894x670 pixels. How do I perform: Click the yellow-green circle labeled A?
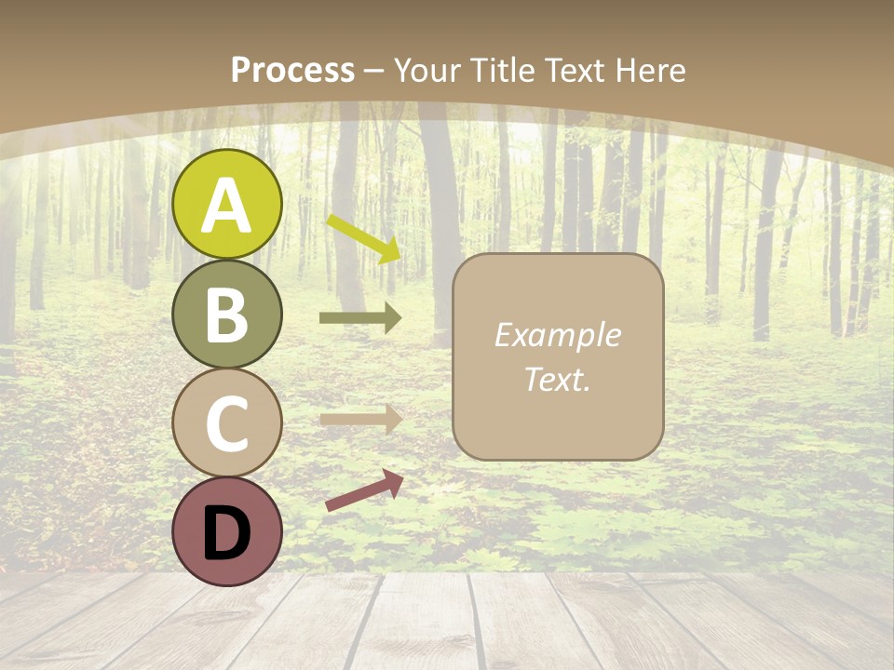coord(227,205)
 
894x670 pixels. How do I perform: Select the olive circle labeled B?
coord(227,315)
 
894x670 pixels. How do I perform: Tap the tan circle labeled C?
coord(227,422)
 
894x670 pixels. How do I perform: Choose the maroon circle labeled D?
coord(227,531)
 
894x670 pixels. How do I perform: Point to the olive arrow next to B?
coord(359,318)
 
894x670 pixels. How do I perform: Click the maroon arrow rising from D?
coord(364,490)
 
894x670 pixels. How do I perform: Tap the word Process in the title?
coord(292,71)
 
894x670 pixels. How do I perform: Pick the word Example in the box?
coord(557,335)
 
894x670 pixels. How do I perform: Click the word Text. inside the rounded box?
coord(557,379)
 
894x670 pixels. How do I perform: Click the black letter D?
coord(227,533)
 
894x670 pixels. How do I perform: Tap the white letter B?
coord(227,315)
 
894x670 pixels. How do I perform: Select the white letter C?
coord(227,424)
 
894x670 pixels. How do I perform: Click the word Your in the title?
coord(427,71)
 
